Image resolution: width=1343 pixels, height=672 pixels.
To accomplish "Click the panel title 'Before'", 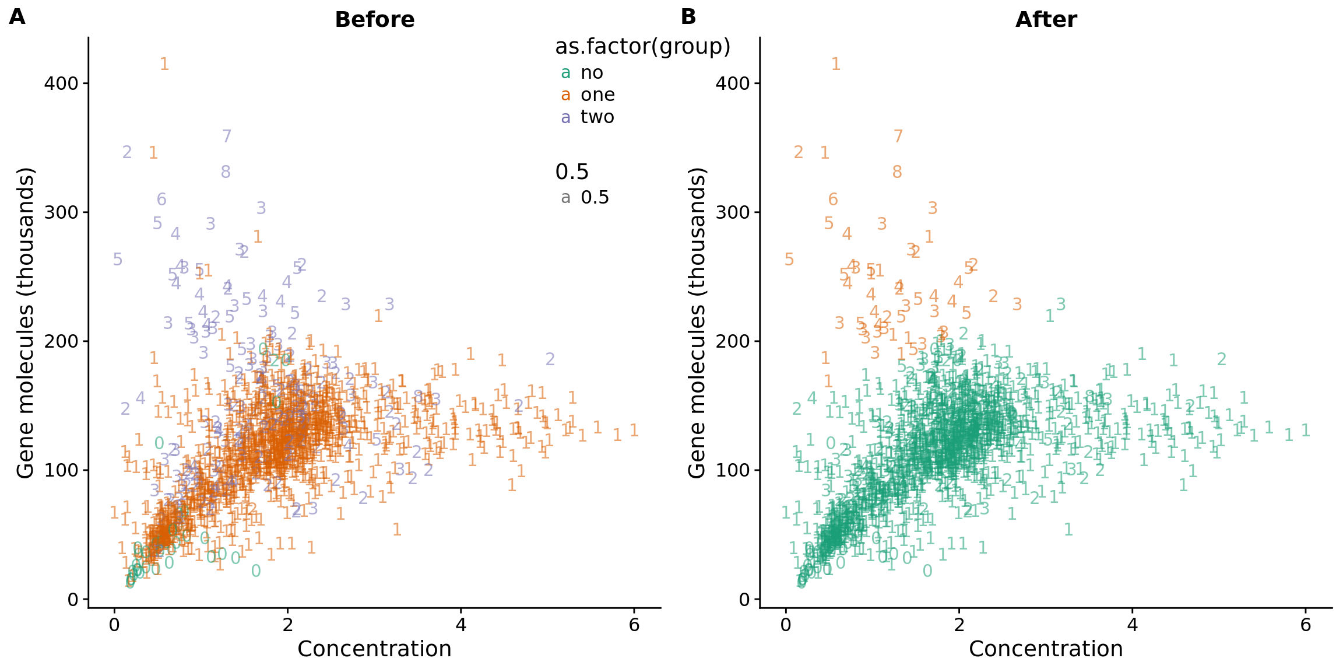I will coord(374,20).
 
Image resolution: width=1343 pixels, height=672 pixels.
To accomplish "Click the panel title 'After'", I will coord(1046,20).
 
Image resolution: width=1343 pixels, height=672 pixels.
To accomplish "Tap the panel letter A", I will coord(17,17).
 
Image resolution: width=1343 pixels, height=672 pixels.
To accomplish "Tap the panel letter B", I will coord(688,17).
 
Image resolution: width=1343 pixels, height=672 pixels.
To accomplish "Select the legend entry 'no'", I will coord(592,73).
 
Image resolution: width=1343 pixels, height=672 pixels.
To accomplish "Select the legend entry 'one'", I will coord(597,95).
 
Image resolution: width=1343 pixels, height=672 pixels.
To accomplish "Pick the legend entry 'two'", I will coord(597,117).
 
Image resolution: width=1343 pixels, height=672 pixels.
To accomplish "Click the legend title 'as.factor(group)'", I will coord(642,47).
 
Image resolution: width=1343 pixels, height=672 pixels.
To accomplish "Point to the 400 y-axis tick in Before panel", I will coord(61,83).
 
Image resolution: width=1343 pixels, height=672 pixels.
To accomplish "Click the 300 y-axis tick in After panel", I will coord(733,212).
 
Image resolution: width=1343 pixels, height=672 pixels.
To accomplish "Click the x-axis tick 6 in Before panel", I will coord(634,625).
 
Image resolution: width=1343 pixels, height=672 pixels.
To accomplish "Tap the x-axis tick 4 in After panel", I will coord(1132,625).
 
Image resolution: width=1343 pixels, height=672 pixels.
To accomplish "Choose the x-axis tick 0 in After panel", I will coord(786,625).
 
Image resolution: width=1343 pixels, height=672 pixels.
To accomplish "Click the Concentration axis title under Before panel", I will coord(374,649).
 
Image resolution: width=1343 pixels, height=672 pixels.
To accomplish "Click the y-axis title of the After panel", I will coord(697,323).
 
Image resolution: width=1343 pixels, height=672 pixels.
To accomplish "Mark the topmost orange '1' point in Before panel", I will coord(164,64).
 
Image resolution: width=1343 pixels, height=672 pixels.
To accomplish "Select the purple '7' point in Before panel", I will coord(227,136).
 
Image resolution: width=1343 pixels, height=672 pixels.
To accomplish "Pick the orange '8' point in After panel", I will coord(897,173).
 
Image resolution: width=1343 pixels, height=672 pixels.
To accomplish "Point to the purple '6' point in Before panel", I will coord(161,200).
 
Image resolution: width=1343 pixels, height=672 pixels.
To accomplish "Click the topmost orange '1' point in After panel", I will coord(836,64).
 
